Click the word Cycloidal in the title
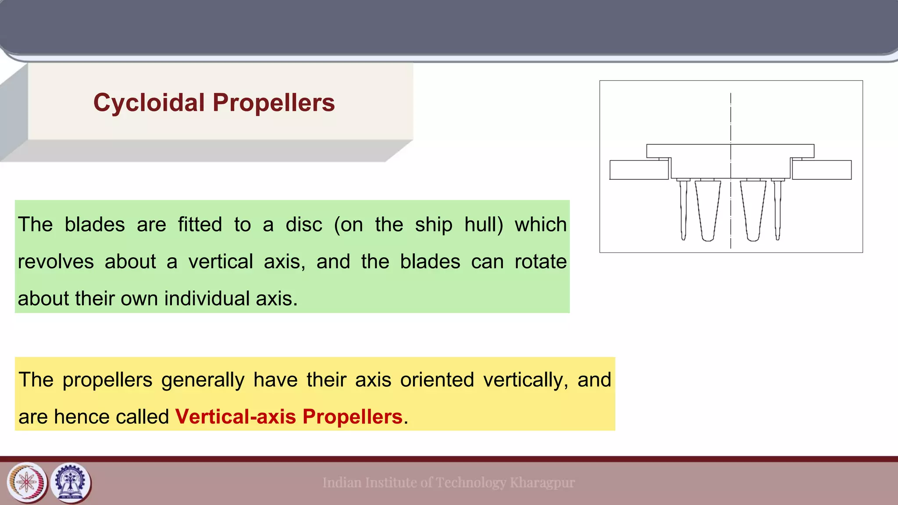pos(149,103)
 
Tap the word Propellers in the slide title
pos(274,103)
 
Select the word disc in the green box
pos(303,224)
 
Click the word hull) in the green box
pos(484,224)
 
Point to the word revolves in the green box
pos(56,262)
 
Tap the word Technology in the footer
pos(470,483)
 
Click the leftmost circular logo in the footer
pos(27,483)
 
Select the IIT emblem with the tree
pos(71,483)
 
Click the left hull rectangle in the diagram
pos(639,170)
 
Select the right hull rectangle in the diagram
pos(822,170)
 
